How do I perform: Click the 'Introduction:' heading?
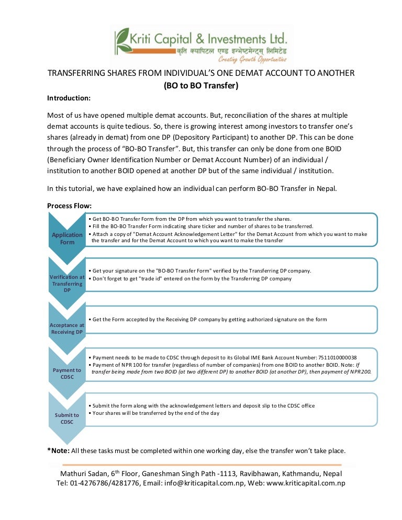pos(69,98)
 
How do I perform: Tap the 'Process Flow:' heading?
pos(69,206)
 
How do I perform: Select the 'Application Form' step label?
pos(67,239)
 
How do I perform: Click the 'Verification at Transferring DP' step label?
pos(67,283)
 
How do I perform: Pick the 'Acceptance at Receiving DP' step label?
pos(67,329)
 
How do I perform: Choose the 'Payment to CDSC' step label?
pos(67,374)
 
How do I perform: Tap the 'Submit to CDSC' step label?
pos(67,419)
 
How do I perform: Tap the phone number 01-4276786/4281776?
pos(105,483)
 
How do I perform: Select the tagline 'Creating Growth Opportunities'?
pos(252,60)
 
